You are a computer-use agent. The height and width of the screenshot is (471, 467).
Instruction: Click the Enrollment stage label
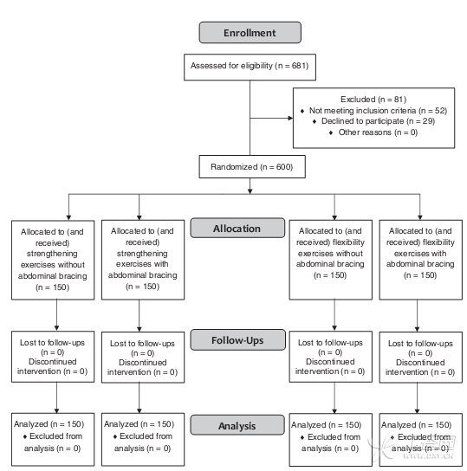point(250,32)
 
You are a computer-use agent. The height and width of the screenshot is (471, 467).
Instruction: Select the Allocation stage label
point(237,229)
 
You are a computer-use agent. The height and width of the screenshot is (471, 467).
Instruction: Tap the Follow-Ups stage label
point(237,340)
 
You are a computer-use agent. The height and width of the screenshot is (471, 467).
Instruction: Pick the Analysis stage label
point(237,425)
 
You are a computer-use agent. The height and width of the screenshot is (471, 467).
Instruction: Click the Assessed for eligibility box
point(250,67)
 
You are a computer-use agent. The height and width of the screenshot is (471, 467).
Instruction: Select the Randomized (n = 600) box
point(252,167)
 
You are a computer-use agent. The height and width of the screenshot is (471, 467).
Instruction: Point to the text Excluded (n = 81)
point(373,100)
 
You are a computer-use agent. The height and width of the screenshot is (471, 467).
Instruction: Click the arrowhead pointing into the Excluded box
point(290,118)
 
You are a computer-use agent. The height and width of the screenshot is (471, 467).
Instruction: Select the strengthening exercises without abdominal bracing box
point(53,260)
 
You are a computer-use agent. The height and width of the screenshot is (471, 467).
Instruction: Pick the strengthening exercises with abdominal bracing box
point(143,260)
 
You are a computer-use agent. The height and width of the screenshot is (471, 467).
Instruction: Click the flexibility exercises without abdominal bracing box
point(331,260)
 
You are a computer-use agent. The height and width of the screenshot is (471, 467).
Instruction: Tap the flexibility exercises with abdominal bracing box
point(421,260)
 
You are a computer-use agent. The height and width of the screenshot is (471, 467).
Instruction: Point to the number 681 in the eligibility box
point(299,66)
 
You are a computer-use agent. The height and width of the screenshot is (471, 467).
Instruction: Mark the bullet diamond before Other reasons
point(331,132)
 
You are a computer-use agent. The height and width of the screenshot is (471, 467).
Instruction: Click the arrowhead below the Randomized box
point(250,191)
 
